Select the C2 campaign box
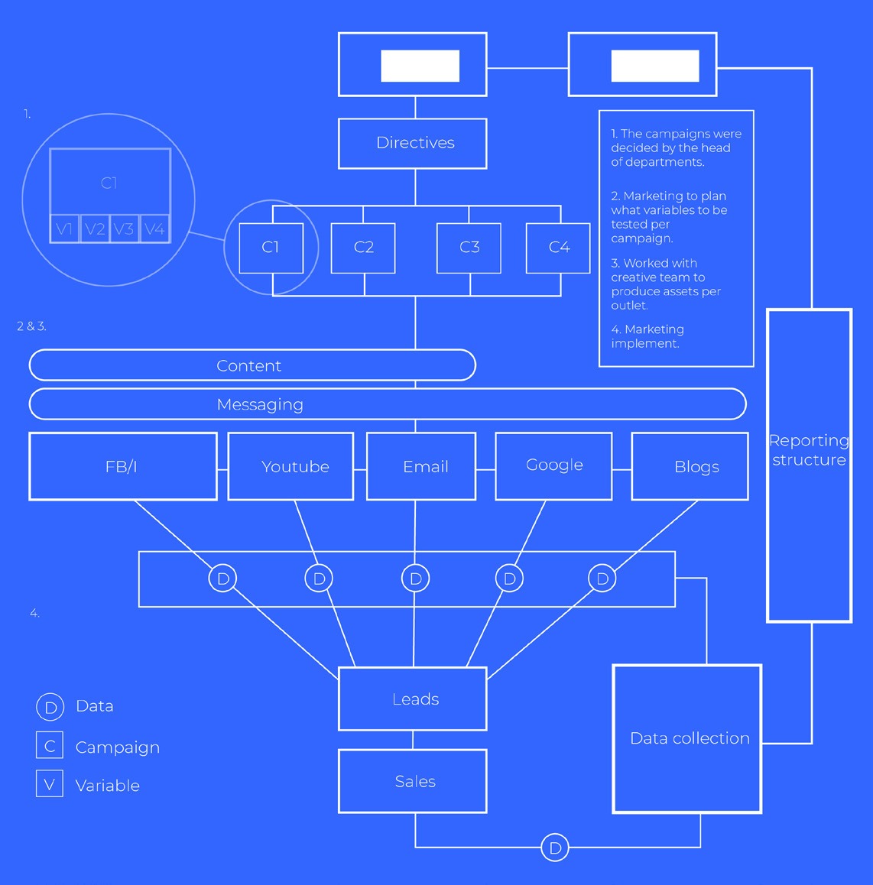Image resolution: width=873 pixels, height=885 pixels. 363,248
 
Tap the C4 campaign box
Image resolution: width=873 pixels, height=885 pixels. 559,248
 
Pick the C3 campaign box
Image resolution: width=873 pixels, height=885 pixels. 469,248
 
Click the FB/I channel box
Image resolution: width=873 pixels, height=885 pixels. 122,466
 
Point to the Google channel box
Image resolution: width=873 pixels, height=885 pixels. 553,465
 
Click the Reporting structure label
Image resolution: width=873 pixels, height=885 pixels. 809,450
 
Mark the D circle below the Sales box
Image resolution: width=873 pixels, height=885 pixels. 555,848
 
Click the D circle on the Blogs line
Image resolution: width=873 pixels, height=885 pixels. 602,579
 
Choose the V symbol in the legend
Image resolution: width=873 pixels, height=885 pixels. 50,784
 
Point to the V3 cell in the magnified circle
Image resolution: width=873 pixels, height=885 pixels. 124,229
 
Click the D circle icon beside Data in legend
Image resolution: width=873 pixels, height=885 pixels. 50,707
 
